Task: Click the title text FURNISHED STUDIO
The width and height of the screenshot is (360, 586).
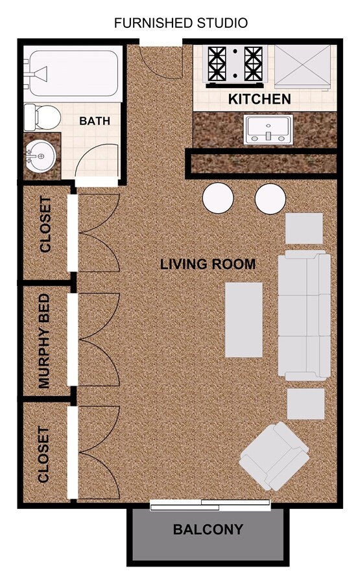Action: pos(180,23)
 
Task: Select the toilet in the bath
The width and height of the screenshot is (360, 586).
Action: pos(43,117)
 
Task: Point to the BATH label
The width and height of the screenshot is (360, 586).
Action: pos(95,121)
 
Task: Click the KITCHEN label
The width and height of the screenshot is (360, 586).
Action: pos(259,100)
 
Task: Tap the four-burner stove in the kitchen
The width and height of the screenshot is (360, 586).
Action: pos(235,65)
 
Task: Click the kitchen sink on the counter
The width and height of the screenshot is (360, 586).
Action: pos(269,129)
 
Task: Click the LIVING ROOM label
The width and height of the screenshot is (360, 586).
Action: pos(208,264)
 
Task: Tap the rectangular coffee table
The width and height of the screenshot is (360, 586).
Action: pos(244,320)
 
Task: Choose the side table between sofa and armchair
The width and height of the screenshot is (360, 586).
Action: pos(306,403)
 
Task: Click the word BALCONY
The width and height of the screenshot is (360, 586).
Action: pos(208,530)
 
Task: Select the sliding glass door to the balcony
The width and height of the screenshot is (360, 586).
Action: pos(210,504)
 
